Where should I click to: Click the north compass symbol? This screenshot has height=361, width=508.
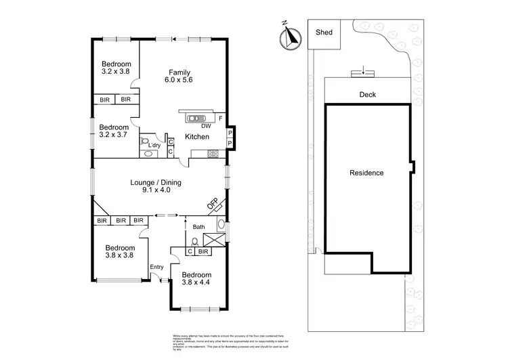[291, 37]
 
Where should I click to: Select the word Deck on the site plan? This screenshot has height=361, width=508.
[368, 95]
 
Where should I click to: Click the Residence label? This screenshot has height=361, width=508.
[366, 173]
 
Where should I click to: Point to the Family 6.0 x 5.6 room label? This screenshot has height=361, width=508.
[179, 76]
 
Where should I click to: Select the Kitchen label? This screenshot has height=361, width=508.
[197, 137]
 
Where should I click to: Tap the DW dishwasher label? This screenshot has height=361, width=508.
[205, 125]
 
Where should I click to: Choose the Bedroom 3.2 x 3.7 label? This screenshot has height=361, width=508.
[114, 131]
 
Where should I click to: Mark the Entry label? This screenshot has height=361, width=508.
[156, 266]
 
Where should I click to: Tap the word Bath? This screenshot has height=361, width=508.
[198, 227]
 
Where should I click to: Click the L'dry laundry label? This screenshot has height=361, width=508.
[154, 145]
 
